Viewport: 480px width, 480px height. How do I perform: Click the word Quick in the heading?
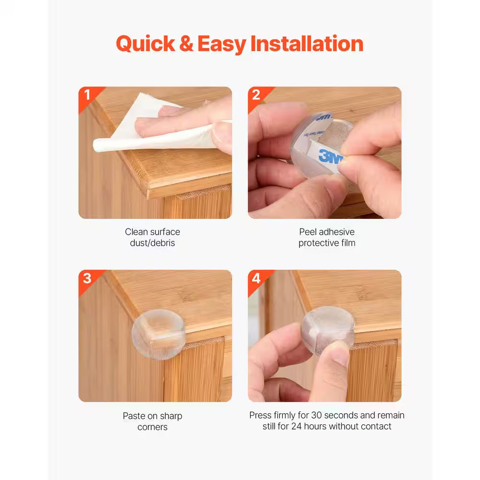click(x=145, y=44)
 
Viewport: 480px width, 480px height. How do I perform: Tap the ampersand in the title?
click(x=186, y=44)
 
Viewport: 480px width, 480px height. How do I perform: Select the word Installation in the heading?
click(x=307, y=44)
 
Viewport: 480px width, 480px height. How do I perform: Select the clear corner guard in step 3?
click(x=158, y=334)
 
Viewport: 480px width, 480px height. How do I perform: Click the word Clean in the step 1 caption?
click(x=136, y=232)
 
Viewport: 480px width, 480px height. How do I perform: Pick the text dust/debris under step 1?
click(x=153, y=243)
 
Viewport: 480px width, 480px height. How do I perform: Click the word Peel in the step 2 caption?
click(x=308, y=232)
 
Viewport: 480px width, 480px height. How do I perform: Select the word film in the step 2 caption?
click(x=348, y=243)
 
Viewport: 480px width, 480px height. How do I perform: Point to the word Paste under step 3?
click(x=134, y=416)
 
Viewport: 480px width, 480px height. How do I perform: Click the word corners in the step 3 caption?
click(x=153, y=427)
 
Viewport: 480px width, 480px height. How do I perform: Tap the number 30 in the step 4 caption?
click(x=316, y=415)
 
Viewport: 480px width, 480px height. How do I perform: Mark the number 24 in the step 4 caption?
click(x=296, y=426)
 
